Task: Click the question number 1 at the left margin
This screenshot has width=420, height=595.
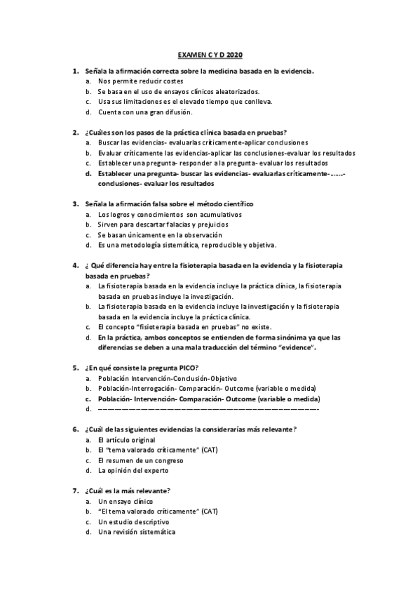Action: click(75, 72)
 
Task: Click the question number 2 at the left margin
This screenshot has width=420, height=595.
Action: click(75, 132)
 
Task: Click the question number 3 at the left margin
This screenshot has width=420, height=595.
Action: click(75, 203)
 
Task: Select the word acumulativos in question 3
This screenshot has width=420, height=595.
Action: click(220, 214)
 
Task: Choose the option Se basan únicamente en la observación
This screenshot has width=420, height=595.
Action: click(160, 234)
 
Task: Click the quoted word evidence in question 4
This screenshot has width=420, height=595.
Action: click(295, 347)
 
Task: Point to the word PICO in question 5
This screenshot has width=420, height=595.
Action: click(187, 367)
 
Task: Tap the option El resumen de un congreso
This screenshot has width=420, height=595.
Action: click(140, 460)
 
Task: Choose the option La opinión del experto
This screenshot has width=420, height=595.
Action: click(133, 470)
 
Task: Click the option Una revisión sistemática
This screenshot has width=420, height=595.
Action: click(136, 532)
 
